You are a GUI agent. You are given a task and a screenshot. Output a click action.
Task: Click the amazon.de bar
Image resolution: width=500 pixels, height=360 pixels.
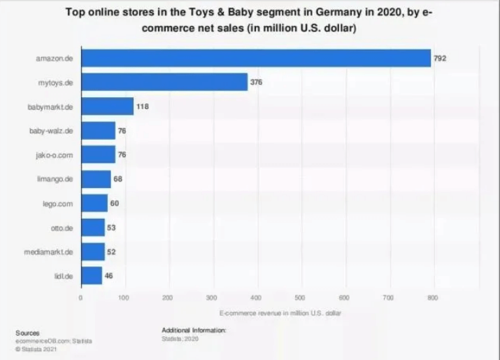[x=255, y=58]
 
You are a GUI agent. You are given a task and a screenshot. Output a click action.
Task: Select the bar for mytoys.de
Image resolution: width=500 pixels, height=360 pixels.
[x=164, y=82]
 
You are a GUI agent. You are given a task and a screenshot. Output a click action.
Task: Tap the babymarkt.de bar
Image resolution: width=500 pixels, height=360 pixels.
[x=107, y=106]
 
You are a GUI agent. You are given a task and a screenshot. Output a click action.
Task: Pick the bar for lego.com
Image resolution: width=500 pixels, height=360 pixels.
[x=94, y=203]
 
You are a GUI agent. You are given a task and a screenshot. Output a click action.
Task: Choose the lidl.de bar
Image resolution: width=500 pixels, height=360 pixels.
[x=92, y=275]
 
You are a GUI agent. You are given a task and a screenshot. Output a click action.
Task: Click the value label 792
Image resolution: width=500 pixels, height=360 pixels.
[x=440, y=58]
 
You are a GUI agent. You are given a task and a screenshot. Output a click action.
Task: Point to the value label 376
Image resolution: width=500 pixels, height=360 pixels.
[x=257, y=82]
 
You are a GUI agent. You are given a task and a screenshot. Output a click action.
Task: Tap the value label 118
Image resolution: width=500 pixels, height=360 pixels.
[x=143, y=106]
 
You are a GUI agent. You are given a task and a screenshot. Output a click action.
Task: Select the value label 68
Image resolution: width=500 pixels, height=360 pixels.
[x=118, y=179]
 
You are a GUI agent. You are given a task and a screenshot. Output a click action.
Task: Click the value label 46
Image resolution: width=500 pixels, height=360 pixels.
[x=108, y=275]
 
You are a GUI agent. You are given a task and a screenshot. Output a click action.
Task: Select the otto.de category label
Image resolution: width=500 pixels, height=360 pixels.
[x=64, y=227]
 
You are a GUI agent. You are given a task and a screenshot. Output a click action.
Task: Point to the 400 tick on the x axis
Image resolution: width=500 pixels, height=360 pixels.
[x=256, y=298]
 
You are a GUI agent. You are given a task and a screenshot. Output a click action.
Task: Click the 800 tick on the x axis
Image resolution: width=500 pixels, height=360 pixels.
[x=434, y=298]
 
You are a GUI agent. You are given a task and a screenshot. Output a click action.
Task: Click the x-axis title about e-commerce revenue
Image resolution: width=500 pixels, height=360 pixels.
[x=280, y=312]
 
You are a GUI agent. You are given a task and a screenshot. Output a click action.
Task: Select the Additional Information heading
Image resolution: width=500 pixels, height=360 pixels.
[x=194, y=329]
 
